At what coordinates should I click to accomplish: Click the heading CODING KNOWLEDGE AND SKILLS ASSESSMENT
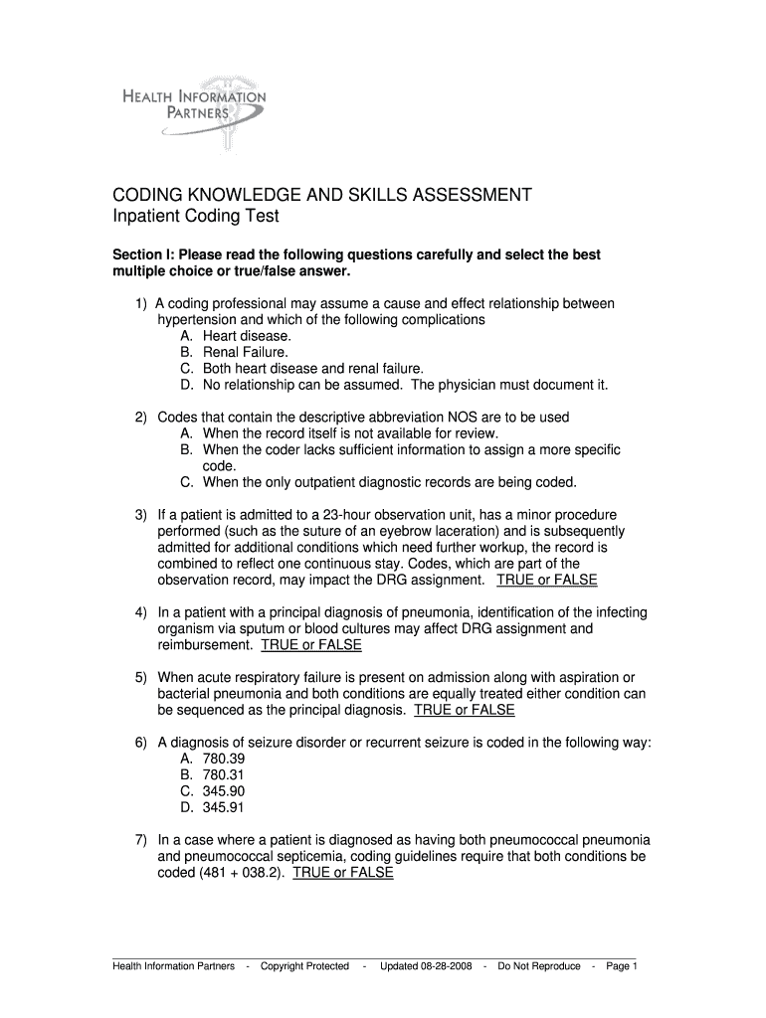(x=321, y=195)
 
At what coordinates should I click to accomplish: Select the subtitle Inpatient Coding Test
(x=194, y=216)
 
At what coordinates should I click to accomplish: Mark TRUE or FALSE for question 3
(x=547, y=579)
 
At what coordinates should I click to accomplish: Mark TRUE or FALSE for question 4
(x=311, y=644)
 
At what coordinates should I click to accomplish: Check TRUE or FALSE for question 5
(x=465, y=710)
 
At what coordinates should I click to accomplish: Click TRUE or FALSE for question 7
(x=343, y=872)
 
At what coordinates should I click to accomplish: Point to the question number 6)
(x=142, y=743)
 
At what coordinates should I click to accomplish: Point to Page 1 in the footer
(x=621, y=965)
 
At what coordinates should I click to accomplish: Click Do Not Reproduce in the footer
(x=539, y=965)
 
